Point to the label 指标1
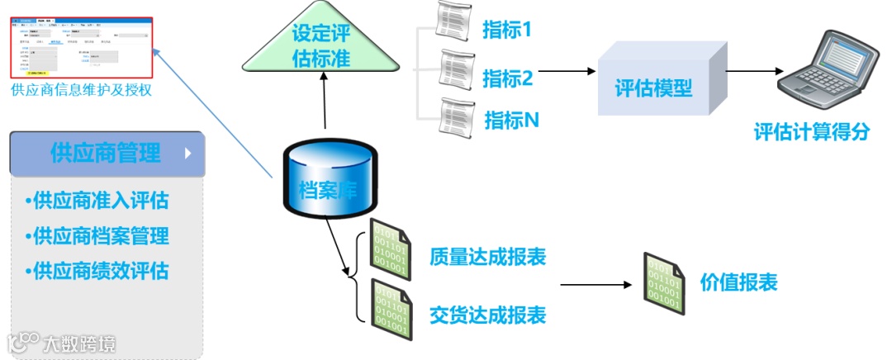pyautogui.click(x=506, y=31)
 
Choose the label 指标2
pyautogui.click(x=507, y=78)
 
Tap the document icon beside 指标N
pyautogui.click(x=457, y=116)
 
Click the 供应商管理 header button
pyautogui.click(x=107, y=154)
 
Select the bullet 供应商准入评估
pyautogui.click(x=97, y=201)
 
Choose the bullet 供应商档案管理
pyautogui.click(x=97, y=236)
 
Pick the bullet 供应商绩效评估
pyautogui.click(x=97, y=271)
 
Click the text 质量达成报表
pyautogui.click(x=487, y=257)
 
